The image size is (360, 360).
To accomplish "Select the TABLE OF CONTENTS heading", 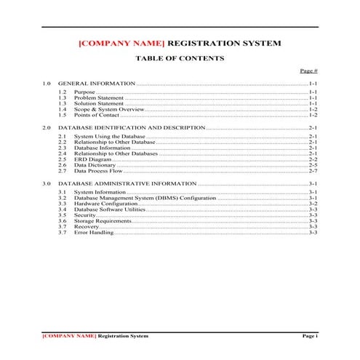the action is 180,57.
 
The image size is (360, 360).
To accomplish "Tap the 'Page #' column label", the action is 309,71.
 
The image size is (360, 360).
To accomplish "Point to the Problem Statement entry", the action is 99,98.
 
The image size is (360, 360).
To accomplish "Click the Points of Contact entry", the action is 100,115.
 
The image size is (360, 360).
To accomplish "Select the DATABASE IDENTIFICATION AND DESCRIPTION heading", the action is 132,128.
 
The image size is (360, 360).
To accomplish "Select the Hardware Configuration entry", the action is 106,204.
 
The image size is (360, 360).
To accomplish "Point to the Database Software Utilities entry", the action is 110,209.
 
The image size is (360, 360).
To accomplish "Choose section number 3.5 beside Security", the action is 63,215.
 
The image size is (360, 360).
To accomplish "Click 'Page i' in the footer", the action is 311,336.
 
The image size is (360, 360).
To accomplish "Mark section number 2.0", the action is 47,128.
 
